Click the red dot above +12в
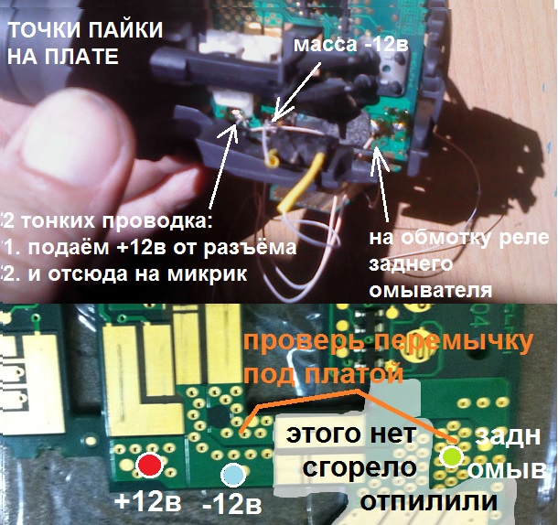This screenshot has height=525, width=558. tap(149, 466)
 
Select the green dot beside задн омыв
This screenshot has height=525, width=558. tap(451, 456)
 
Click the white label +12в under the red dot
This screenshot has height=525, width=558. tap(147, 502)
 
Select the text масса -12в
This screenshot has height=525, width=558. tap(350, 45)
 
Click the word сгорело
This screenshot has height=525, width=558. tap(359, 467)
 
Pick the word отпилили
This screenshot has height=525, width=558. tap(428, 501)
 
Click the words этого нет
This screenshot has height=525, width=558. tap(351, 434)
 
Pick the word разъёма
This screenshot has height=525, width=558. tap(250, 247)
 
